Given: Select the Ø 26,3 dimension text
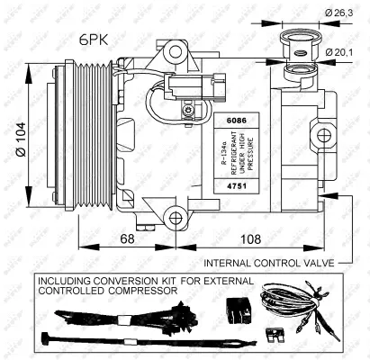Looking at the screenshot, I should click(341, 12).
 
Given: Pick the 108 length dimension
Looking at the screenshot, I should click(249, 238).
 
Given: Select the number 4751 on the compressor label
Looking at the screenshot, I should click(234, 183).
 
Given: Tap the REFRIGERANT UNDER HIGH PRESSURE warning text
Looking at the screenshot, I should click(234, 151).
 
